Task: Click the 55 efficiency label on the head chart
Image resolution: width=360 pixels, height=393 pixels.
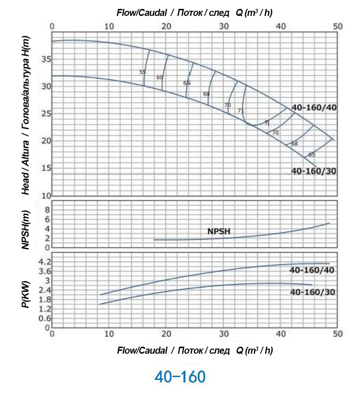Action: (143, 72)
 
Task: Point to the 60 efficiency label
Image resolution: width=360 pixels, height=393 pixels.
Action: (160, 77)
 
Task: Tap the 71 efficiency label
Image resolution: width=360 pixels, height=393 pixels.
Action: (241, 110)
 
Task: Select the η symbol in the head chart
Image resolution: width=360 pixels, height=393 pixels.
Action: (266, 123)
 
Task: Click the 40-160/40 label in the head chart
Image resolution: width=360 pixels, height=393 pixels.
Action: (314, 108)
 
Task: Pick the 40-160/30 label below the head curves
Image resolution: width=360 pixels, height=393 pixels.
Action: (314, 171)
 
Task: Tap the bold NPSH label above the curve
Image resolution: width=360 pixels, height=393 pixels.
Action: (220, 231)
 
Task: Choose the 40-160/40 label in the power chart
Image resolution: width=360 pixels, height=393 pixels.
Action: (312, 270)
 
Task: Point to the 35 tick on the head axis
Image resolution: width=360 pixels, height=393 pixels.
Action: (45, 59)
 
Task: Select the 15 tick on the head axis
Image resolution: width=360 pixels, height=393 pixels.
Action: (45, 168)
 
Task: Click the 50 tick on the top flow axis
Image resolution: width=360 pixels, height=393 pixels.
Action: (338, 27)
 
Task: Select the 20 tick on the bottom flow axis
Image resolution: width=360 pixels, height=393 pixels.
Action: (166, 334)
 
